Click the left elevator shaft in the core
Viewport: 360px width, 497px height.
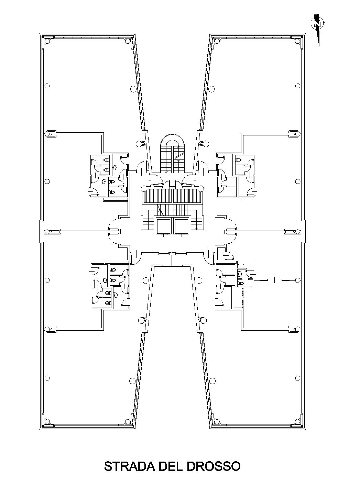164,226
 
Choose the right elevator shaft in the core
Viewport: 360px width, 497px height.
181,226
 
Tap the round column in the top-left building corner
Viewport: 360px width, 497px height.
47,41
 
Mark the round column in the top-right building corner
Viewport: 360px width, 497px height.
297,41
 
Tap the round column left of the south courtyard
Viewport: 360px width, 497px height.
145,280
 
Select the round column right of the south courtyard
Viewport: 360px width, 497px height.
199,280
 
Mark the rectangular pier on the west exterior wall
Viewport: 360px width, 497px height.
41,231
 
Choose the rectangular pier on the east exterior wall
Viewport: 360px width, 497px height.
303,231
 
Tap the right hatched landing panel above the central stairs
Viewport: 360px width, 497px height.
187,196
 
